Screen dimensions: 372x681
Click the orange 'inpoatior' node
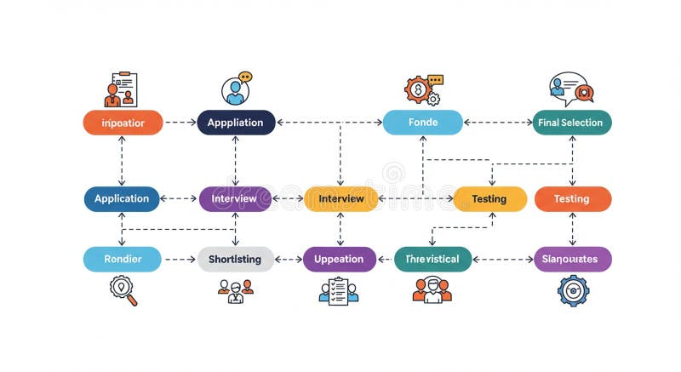point(122,123)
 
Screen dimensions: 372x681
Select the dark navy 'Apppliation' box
point(236,123)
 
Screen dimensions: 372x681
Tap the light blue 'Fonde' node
point(423,123)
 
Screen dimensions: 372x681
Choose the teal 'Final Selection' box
point(571,123)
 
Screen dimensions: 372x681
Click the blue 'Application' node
point(122,198)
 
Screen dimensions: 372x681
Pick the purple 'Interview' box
point(235,198)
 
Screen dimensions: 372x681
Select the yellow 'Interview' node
point(340,198)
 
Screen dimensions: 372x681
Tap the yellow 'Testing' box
point(489,198)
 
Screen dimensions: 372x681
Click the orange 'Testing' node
point(572,198)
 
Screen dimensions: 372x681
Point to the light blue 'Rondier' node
point(122,259)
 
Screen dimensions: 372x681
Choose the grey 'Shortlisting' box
point(236,259)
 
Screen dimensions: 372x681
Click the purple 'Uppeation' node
point(339,259)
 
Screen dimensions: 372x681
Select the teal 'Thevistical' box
point(432,259)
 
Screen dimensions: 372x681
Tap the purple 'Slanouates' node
point(572,259)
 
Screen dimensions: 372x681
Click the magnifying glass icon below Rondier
point(123,290)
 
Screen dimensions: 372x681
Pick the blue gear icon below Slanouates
point(573,290)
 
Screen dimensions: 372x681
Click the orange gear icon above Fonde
point(420,89)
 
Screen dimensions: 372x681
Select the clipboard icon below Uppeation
point(339,290)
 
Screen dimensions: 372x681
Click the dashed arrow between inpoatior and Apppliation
point(179,123)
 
